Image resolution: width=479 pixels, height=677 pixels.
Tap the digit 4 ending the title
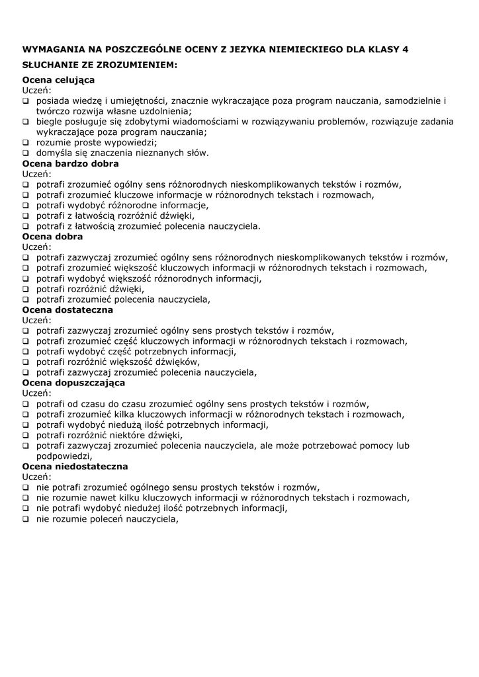[406, 50]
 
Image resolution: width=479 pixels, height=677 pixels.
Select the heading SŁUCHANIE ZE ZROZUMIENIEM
[100, 65]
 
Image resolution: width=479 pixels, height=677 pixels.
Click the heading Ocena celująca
[58, 80]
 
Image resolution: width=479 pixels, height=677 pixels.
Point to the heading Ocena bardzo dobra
[71, 163]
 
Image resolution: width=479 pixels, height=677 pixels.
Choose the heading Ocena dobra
[53, 236]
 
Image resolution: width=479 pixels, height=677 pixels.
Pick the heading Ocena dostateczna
[67, 309]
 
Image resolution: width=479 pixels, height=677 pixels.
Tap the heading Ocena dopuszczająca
[73, 383]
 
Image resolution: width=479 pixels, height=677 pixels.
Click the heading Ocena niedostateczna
[75, 466]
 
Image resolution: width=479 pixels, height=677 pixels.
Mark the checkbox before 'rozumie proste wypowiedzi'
[26, 143]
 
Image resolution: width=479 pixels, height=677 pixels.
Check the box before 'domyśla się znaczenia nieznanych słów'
[26, 153]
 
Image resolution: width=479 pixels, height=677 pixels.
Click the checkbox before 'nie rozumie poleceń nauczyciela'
[26, 520]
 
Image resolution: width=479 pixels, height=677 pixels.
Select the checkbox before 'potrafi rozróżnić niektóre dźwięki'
[26, 436]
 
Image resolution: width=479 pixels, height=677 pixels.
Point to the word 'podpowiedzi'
[64, 456]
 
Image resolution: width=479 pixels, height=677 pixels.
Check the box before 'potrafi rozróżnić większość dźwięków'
[26, 362]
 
